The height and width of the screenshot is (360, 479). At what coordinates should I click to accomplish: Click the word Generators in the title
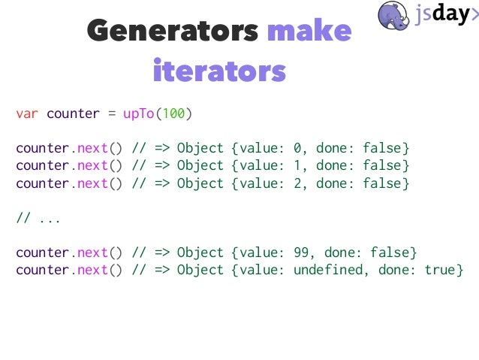[173, 32]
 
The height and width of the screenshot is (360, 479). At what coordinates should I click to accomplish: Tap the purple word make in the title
[309, 32]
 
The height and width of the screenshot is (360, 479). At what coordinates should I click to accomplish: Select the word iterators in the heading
[219, 71]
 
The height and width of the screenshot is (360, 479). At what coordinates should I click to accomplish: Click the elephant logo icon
[393, 15]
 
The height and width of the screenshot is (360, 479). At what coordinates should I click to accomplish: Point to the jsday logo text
[446, 14]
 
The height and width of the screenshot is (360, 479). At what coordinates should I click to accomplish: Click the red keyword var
[27, 114]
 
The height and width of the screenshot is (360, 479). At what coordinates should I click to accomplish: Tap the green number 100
[173, 114]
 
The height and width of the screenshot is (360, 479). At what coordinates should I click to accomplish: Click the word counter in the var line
[73, 114]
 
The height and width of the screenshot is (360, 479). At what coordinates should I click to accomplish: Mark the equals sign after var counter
[111, 114]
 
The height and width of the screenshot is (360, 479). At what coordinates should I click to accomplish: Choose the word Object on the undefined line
[200, 270]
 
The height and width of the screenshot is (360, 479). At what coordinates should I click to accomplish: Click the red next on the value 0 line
[92, 147]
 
